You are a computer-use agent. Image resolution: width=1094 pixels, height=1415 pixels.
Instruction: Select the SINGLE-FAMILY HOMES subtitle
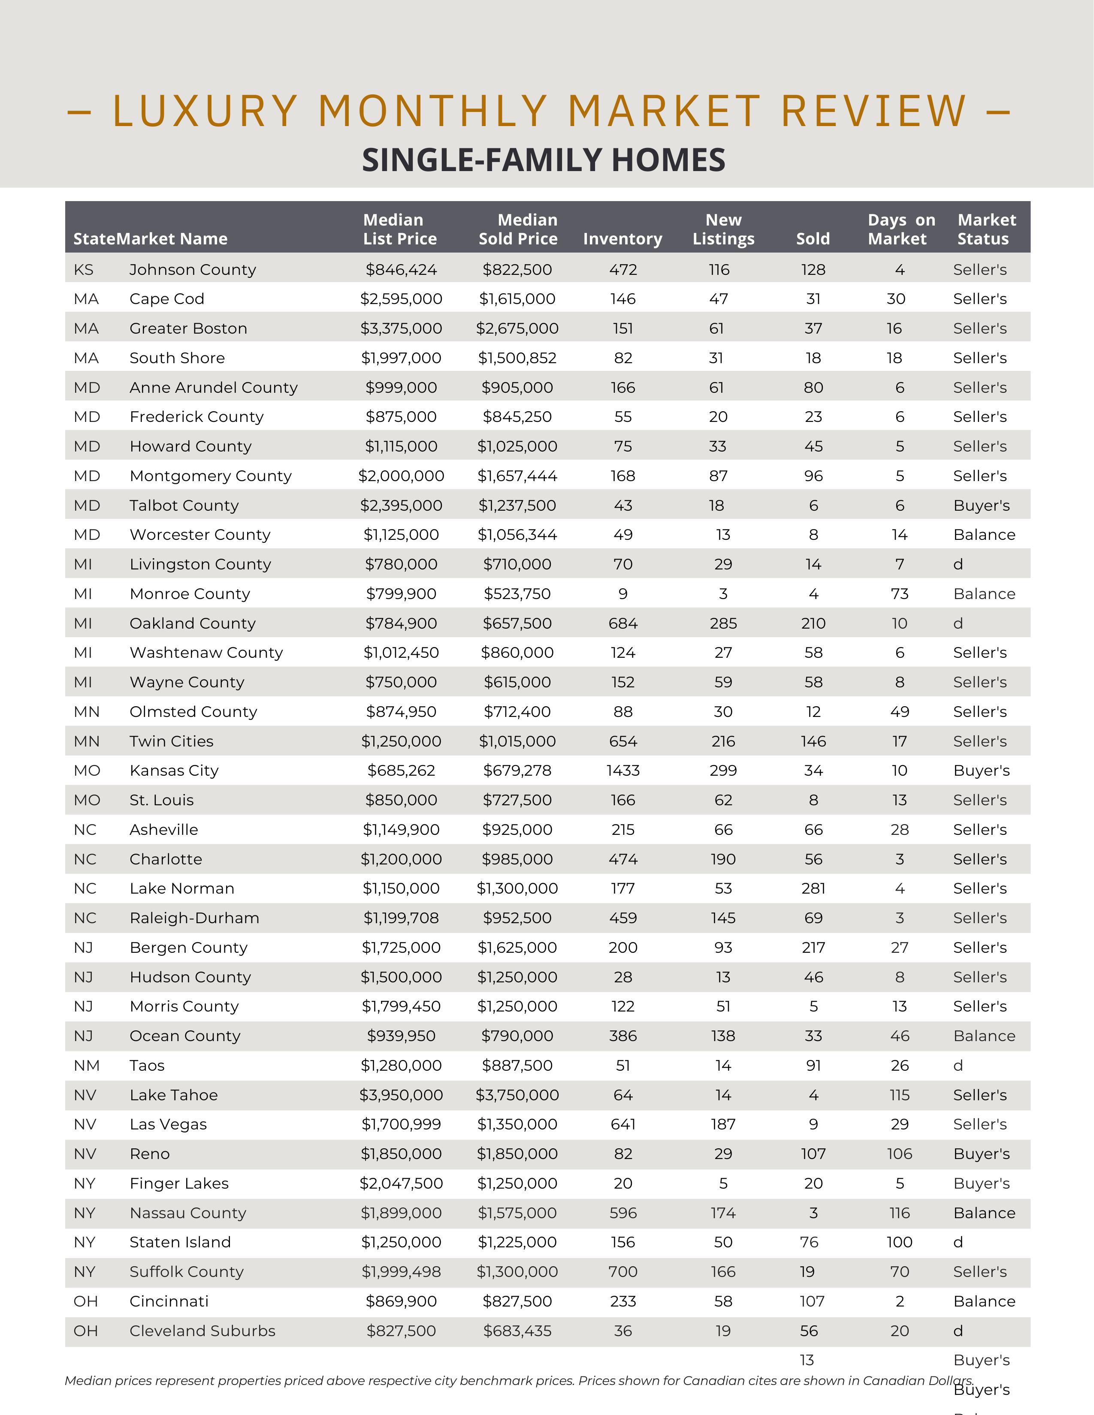click(x=543, y=160)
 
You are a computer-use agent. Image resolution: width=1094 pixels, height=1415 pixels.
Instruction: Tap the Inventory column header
click(x=622, y=239)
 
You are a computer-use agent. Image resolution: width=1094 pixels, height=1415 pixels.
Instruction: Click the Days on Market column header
click(x=901, y=229)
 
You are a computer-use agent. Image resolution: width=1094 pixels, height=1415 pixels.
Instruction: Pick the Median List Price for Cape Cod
click(x=401, y=299)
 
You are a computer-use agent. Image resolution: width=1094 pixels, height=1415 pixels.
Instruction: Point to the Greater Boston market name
click(x=188, y=328)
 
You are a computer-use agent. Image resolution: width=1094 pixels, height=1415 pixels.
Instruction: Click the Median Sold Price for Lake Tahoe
click(x=517, y=1095)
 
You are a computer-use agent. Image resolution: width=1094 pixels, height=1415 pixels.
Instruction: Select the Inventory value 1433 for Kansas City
click(x=623, y=771)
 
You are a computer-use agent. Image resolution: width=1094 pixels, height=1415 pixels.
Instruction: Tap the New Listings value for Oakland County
click(x=723, y=623)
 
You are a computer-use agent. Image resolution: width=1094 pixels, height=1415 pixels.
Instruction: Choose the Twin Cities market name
click(x=171, y=741)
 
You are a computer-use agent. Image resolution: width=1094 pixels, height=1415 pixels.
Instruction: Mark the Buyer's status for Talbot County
click(x=981, y=506)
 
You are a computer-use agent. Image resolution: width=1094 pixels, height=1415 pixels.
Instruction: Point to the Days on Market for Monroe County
click(x=900, y=593)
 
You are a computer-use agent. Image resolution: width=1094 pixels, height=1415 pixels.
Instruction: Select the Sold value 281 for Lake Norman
click(x=813, y=888)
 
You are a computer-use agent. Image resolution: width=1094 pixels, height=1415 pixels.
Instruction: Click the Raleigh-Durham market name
click(x=194, y=918)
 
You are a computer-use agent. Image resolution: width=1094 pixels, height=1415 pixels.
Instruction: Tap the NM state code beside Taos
click(x=86, y=1065)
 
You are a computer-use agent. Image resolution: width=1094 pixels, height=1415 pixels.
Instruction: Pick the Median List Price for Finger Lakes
click(x=401, y=1183)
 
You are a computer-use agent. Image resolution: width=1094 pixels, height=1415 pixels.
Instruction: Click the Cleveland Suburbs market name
click(x=202, y=1331)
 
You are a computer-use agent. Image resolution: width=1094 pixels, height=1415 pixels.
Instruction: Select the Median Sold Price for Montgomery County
click(x=517, y=476)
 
